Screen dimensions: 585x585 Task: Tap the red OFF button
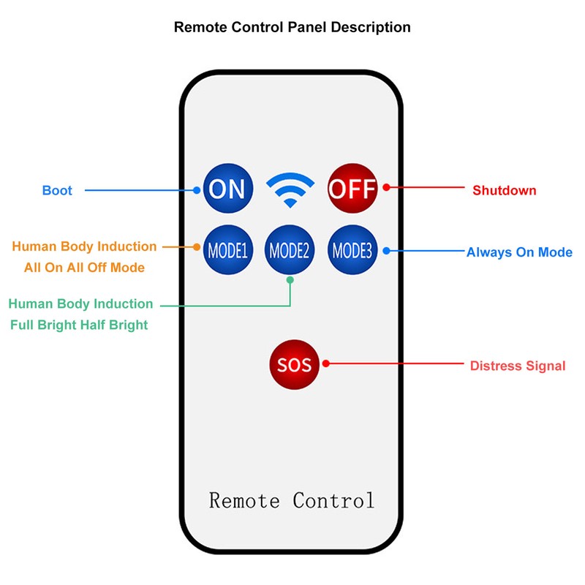pos(352,188)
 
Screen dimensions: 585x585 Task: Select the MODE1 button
pos(228,249)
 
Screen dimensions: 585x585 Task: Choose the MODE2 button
pos(290,249)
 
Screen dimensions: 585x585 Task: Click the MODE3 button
pos(352,249)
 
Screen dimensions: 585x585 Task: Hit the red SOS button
pos(295,364)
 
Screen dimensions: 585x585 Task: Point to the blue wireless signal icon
pos(290,189)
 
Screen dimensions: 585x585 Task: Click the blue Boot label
pos(57,190)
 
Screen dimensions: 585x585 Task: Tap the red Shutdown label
pos(505,190)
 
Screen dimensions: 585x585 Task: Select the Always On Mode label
pos(519,252)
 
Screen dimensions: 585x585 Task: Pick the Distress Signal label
pos(518,366)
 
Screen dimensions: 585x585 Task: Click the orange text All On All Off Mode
pos(84,268)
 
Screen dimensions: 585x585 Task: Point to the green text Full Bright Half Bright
pos(79,325)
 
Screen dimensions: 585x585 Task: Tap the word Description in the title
pos(371,28)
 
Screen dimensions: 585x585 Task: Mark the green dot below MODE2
pos(290,280)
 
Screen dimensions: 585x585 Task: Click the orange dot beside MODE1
pos(197,247)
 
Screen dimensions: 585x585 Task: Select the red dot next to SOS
pos(325,363)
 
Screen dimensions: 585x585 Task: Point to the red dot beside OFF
pos(387,187)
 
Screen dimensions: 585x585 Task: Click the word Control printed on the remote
pos(333,500)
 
